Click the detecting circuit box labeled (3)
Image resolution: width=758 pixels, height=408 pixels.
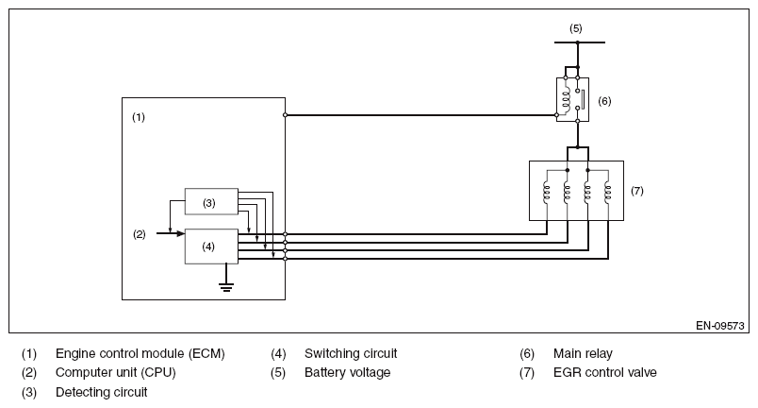[x=210, y=201]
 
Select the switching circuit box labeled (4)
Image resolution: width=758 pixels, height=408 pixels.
[x=210, y=246]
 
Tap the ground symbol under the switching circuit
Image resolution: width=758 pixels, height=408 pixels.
[x=226, y=284]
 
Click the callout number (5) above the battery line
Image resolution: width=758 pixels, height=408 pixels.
[x=576, y=28]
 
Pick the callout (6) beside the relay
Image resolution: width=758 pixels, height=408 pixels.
[x=605, y=99]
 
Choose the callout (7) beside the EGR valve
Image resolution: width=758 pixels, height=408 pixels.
[x=636, y=190]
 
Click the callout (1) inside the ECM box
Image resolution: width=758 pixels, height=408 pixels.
[x=139, y=118]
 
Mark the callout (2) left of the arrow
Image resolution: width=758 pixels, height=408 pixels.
[x=139, y=233]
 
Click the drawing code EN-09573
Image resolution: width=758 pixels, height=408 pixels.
[x=720, y=326]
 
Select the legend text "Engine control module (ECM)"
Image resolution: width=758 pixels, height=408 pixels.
[x=140, y=354]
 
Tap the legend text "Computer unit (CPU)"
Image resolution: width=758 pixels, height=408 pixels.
[x=116, y=373]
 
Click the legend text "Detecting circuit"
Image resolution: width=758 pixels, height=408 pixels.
[x=102, y=391]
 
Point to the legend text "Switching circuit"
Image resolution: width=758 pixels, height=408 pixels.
[x=351, y=354]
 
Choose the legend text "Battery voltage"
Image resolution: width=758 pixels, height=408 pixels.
[x=347, y=373]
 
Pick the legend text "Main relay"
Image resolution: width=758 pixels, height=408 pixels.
[x=583, y=354]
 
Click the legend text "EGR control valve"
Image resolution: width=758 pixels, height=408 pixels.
[x=605, y=373]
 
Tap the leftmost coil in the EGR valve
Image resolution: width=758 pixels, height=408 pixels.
[x=546, y=194]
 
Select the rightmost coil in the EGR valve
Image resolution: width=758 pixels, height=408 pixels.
[x=608, y=194]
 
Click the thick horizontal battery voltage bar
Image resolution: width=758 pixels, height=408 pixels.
[x=577, y=42]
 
